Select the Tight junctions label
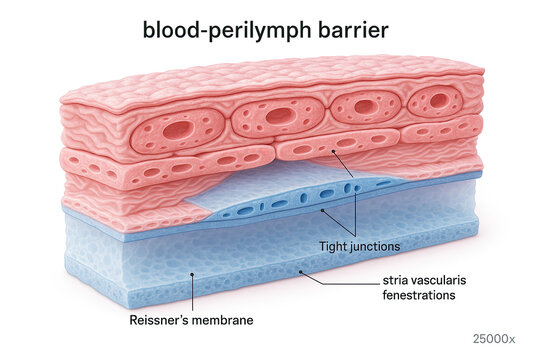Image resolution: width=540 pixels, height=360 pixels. click(359, 245)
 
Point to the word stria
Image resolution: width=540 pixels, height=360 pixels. click(394, 282)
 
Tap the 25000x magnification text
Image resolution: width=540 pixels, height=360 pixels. click(498, 339)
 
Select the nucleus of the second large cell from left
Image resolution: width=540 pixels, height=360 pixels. click(280, 116)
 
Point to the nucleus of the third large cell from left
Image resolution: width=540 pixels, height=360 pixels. click(365, 106)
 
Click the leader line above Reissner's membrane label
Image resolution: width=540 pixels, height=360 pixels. click(193, 290)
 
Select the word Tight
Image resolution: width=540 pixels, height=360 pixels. click(333, 245)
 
